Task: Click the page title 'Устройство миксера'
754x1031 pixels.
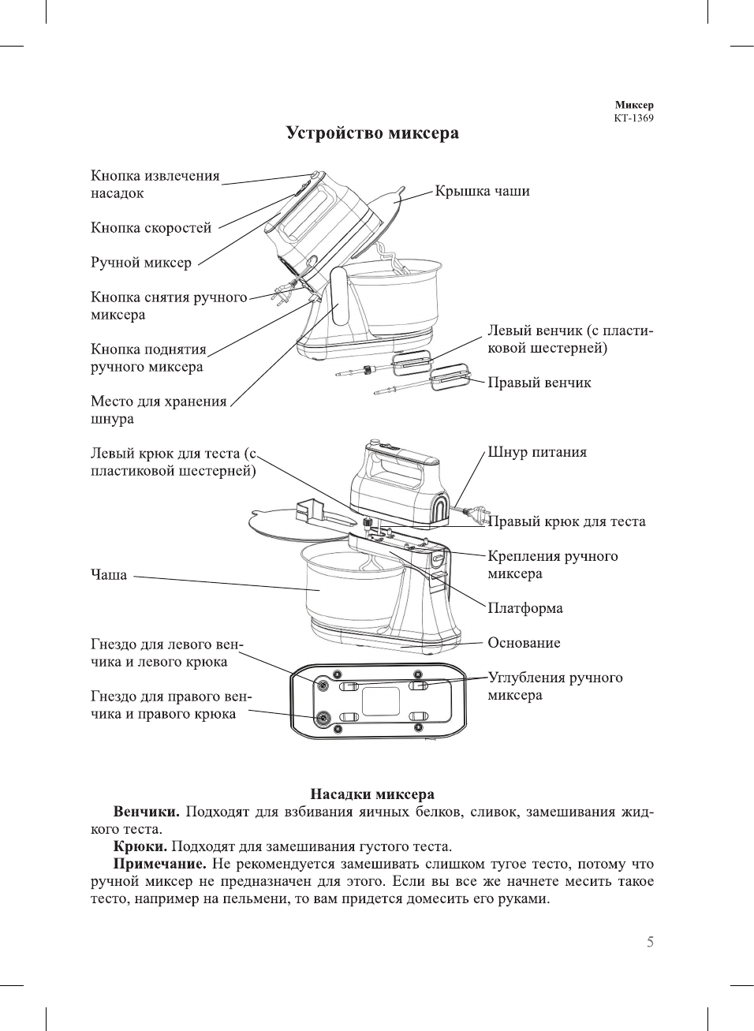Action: coord(371,133)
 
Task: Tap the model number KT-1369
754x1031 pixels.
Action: coord(633,118)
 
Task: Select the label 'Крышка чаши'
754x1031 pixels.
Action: coord(482,191)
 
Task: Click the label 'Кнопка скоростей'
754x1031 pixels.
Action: coord(151,228)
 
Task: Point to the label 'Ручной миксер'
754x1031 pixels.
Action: coord(140,263)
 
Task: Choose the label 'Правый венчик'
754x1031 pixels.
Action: coord(539,383)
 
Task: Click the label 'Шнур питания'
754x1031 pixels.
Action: coord(536,452)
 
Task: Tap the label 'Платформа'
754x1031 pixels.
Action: coord(524,608)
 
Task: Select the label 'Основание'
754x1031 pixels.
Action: coord(524,643)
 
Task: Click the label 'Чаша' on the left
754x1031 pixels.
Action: coord(108,575)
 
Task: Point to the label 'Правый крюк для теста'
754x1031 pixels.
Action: coord(566,521)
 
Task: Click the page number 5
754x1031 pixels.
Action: coord(650,942)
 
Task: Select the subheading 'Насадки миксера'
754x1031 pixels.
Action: coord(371,794)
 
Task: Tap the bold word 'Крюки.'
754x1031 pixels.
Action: coord(140,846)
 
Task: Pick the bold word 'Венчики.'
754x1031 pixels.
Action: coord(147,812)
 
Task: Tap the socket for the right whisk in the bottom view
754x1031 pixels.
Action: coord(323,718)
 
